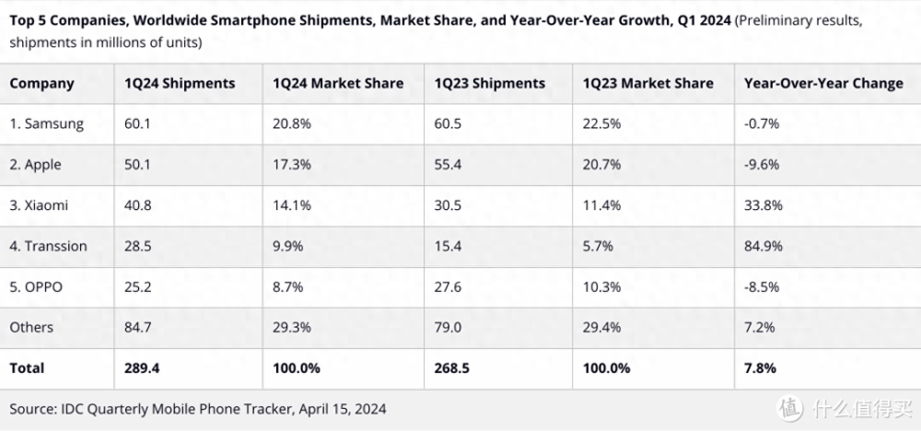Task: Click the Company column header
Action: (41, 83)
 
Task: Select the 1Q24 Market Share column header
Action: (338, 83)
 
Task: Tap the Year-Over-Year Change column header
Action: (823, 83)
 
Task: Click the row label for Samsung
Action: (47, 123)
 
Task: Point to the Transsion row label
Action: (49, 246)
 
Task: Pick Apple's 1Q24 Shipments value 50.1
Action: (139, 164)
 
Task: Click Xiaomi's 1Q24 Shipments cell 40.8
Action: (139, 205)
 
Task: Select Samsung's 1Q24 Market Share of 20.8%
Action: (293, 123)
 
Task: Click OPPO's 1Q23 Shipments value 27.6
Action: (449, 286)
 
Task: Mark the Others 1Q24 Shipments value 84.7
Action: (139, 327)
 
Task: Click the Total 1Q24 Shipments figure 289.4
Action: (144, 367)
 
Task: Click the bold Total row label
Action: (27, 367)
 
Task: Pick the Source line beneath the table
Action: (197, 408)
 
